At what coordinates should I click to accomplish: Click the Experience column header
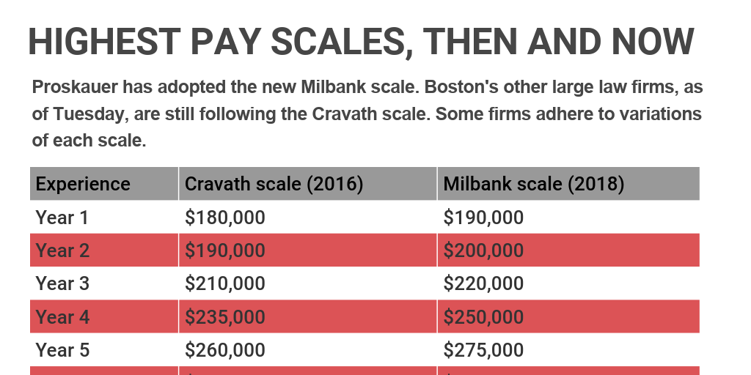pyautogui.click(x=83, y=184)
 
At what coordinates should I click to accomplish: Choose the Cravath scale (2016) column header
pyautogui.click(x=274, y=184)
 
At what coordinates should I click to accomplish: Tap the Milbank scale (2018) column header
pyautogui.click(x=534, y=184)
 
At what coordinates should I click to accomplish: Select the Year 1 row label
pyautogui.click(x=63, y=218)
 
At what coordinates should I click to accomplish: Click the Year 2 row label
pyautogui.click(x=63, y=250)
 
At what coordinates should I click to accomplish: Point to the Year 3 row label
pyautogui.click(x=63, y=283)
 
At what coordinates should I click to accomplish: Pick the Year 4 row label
pyautogui.click(x=63, y=317)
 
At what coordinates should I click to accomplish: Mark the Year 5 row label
pyautogui.click(x=63, y=350)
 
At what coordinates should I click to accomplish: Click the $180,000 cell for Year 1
pyautogui.click(x=225, y=218)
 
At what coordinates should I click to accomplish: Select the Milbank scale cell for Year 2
pyautogui.click(x=484, y=250)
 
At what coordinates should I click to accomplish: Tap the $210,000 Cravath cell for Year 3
pyautogui.click(x=225, y=283)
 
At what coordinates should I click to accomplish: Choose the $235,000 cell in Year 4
pyautogui.click(x=225, y=317)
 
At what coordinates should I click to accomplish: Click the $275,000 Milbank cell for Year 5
pyautogui.click(x=484, y=350)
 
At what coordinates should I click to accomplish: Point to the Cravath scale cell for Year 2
pyautogui.click(x=225, y=250)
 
